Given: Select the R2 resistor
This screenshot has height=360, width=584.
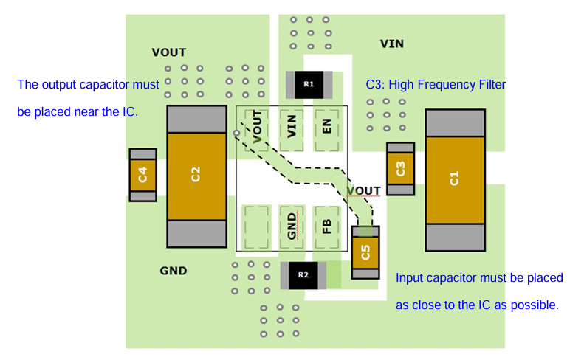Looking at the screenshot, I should point(303,275).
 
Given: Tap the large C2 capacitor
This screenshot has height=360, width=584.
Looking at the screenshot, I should point(196,176).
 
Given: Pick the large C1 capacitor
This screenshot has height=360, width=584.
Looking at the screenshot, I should point(455,179).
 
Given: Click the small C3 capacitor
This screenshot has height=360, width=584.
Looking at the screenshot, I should point(400,169).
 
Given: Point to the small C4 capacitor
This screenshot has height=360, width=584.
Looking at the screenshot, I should point(142,175).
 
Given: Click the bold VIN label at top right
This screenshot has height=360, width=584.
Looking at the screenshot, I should point(391,44).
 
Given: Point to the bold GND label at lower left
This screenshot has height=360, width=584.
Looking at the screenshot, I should point(173,271).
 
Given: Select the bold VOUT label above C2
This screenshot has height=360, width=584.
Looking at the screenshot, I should point(168,52).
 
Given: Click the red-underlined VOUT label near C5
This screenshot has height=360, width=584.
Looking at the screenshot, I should point(363,191).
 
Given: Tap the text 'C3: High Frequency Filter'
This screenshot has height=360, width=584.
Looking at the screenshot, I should point(436,85).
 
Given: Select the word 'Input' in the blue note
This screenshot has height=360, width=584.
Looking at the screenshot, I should point(410,278).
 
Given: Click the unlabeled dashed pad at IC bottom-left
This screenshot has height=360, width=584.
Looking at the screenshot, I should point(257,222).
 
